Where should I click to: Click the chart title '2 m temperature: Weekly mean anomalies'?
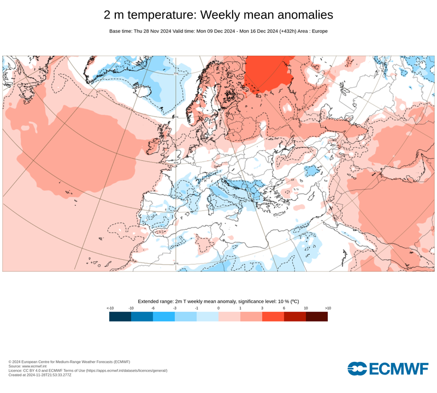[218, 14]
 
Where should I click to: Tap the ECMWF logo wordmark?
[387, 369]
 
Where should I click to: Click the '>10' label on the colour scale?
[328, 308]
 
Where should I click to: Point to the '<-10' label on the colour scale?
[110, 308]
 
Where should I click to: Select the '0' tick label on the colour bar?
[218, 308]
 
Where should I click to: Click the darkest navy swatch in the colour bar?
[120, 317]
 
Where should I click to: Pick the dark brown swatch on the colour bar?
[317, 317]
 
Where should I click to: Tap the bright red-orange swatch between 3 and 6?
[273, 317]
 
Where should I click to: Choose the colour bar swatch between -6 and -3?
[164, 317]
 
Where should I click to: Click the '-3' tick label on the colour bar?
[175, 308]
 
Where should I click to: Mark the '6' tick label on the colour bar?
[284, 308]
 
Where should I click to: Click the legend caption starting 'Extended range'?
[218, 301]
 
